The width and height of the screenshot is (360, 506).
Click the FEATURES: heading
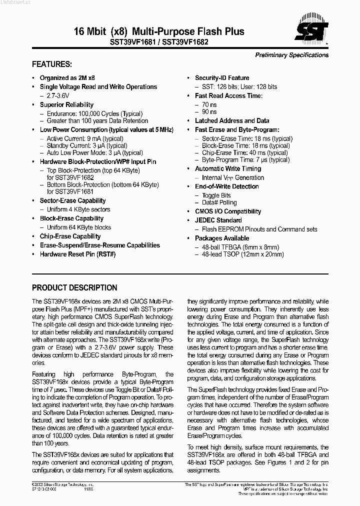[x=52, y=64]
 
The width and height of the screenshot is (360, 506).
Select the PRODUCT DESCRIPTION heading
[x=74, y=288]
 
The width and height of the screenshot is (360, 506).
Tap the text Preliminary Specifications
[x=292, y=55]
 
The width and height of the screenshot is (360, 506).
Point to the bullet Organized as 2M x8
[x=67, y=78]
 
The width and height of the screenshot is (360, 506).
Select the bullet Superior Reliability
[x=66, y=104]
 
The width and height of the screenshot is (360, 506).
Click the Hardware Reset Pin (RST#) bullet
[x=77, y=254]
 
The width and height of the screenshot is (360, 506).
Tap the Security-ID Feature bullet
[x=222, y=78]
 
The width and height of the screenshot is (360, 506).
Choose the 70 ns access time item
[x=209, y=104]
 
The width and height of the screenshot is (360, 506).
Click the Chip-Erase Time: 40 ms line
[x=245, y=152]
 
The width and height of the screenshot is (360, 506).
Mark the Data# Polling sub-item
[x=219, y=203]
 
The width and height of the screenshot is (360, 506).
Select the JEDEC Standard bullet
[x=218, y=220]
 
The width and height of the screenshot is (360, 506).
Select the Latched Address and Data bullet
[x=232, y=120]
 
